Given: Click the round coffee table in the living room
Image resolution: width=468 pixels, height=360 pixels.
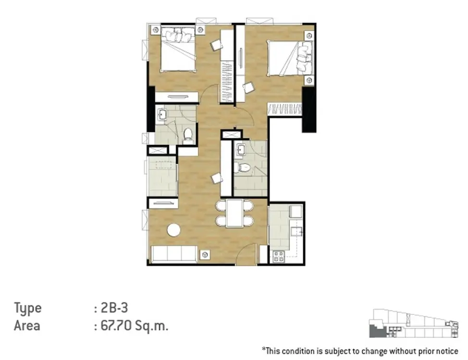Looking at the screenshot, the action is click(174, 230).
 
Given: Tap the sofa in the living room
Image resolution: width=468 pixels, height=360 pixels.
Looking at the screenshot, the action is click(174, 254).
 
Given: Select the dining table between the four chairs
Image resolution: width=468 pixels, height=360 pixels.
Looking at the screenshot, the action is click(234, 213).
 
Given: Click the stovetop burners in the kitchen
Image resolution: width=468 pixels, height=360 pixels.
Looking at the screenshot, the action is click(279, 257).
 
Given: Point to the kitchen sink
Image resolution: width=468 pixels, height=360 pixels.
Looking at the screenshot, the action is click(296, 231).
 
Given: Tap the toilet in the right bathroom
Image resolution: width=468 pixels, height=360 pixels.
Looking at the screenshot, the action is click(242, 168).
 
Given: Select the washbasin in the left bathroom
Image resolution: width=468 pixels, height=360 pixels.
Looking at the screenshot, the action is click(162, 115).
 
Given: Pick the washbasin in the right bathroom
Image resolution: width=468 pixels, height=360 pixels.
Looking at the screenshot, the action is click(241, 150).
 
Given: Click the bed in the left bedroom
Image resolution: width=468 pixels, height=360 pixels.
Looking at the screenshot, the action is click(178, 50).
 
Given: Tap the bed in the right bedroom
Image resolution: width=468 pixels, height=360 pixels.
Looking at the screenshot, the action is click(290, 58).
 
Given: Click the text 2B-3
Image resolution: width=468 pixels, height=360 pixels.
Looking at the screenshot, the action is click(115, 308).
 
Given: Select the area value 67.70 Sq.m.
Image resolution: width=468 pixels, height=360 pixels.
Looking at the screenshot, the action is click(135, 325).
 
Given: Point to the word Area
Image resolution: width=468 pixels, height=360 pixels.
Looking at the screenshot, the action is click(27, 325).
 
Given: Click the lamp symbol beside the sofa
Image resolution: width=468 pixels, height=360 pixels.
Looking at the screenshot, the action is click(205, 255).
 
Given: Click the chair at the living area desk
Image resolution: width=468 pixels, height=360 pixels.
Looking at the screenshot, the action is click(217, 179).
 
